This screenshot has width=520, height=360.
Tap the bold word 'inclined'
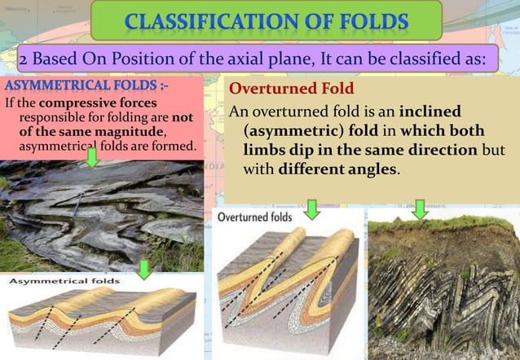453,111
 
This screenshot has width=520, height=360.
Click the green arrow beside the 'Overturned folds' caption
311,211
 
